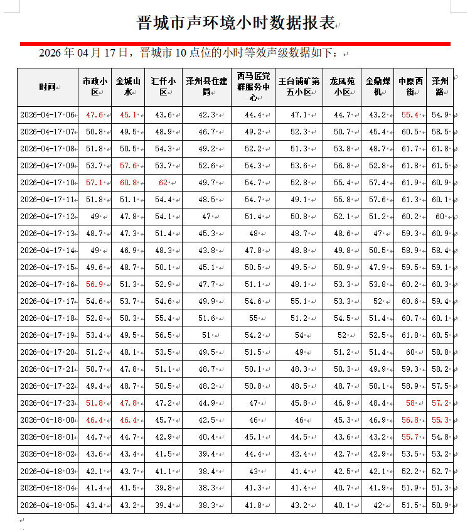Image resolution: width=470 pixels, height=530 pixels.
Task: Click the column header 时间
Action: (46, 87)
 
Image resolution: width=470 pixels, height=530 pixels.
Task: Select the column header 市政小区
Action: (95, 87)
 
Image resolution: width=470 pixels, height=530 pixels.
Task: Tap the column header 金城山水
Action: (127, 87)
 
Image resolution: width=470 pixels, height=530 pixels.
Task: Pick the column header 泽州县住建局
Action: (206, 87)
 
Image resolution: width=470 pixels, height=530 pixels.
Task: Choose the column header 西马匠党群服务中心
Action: (254, 87)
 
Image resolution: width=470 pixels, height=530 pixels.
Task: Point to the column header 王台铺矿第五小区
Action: (295, 87)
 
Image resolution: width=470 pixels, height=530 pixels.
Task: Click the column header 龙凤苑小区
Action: (342, 87)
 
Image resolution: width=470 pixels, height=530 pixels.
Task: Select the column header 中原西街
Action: (410, 87)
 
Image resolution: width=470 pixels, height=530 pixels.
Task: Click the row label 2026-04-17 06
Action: (47, 115)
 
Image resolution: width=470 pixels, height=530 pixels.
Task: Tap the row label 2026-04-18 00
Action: (47, 419)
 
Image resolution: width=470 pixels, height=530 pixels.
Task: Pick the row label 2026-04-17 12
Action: (47, 217)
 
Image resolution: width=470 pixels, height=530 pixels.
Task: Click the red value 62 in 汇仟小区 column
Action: (163, 183)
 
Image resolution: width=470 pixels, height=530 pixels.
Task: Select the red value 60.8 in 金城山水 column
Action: (127, 183)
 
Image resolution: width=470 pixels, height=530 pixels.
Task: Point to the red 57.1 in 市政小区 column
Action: (94, 183)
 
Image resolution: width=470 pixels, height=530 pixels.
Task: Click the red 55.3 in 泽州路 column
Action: (440, 419)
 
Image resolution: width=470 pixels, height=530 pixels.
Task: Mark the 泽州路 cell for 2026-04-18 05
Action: (440, 504)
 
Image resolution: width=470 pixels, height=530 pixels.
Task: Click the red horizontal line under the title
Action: (235, 44)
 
